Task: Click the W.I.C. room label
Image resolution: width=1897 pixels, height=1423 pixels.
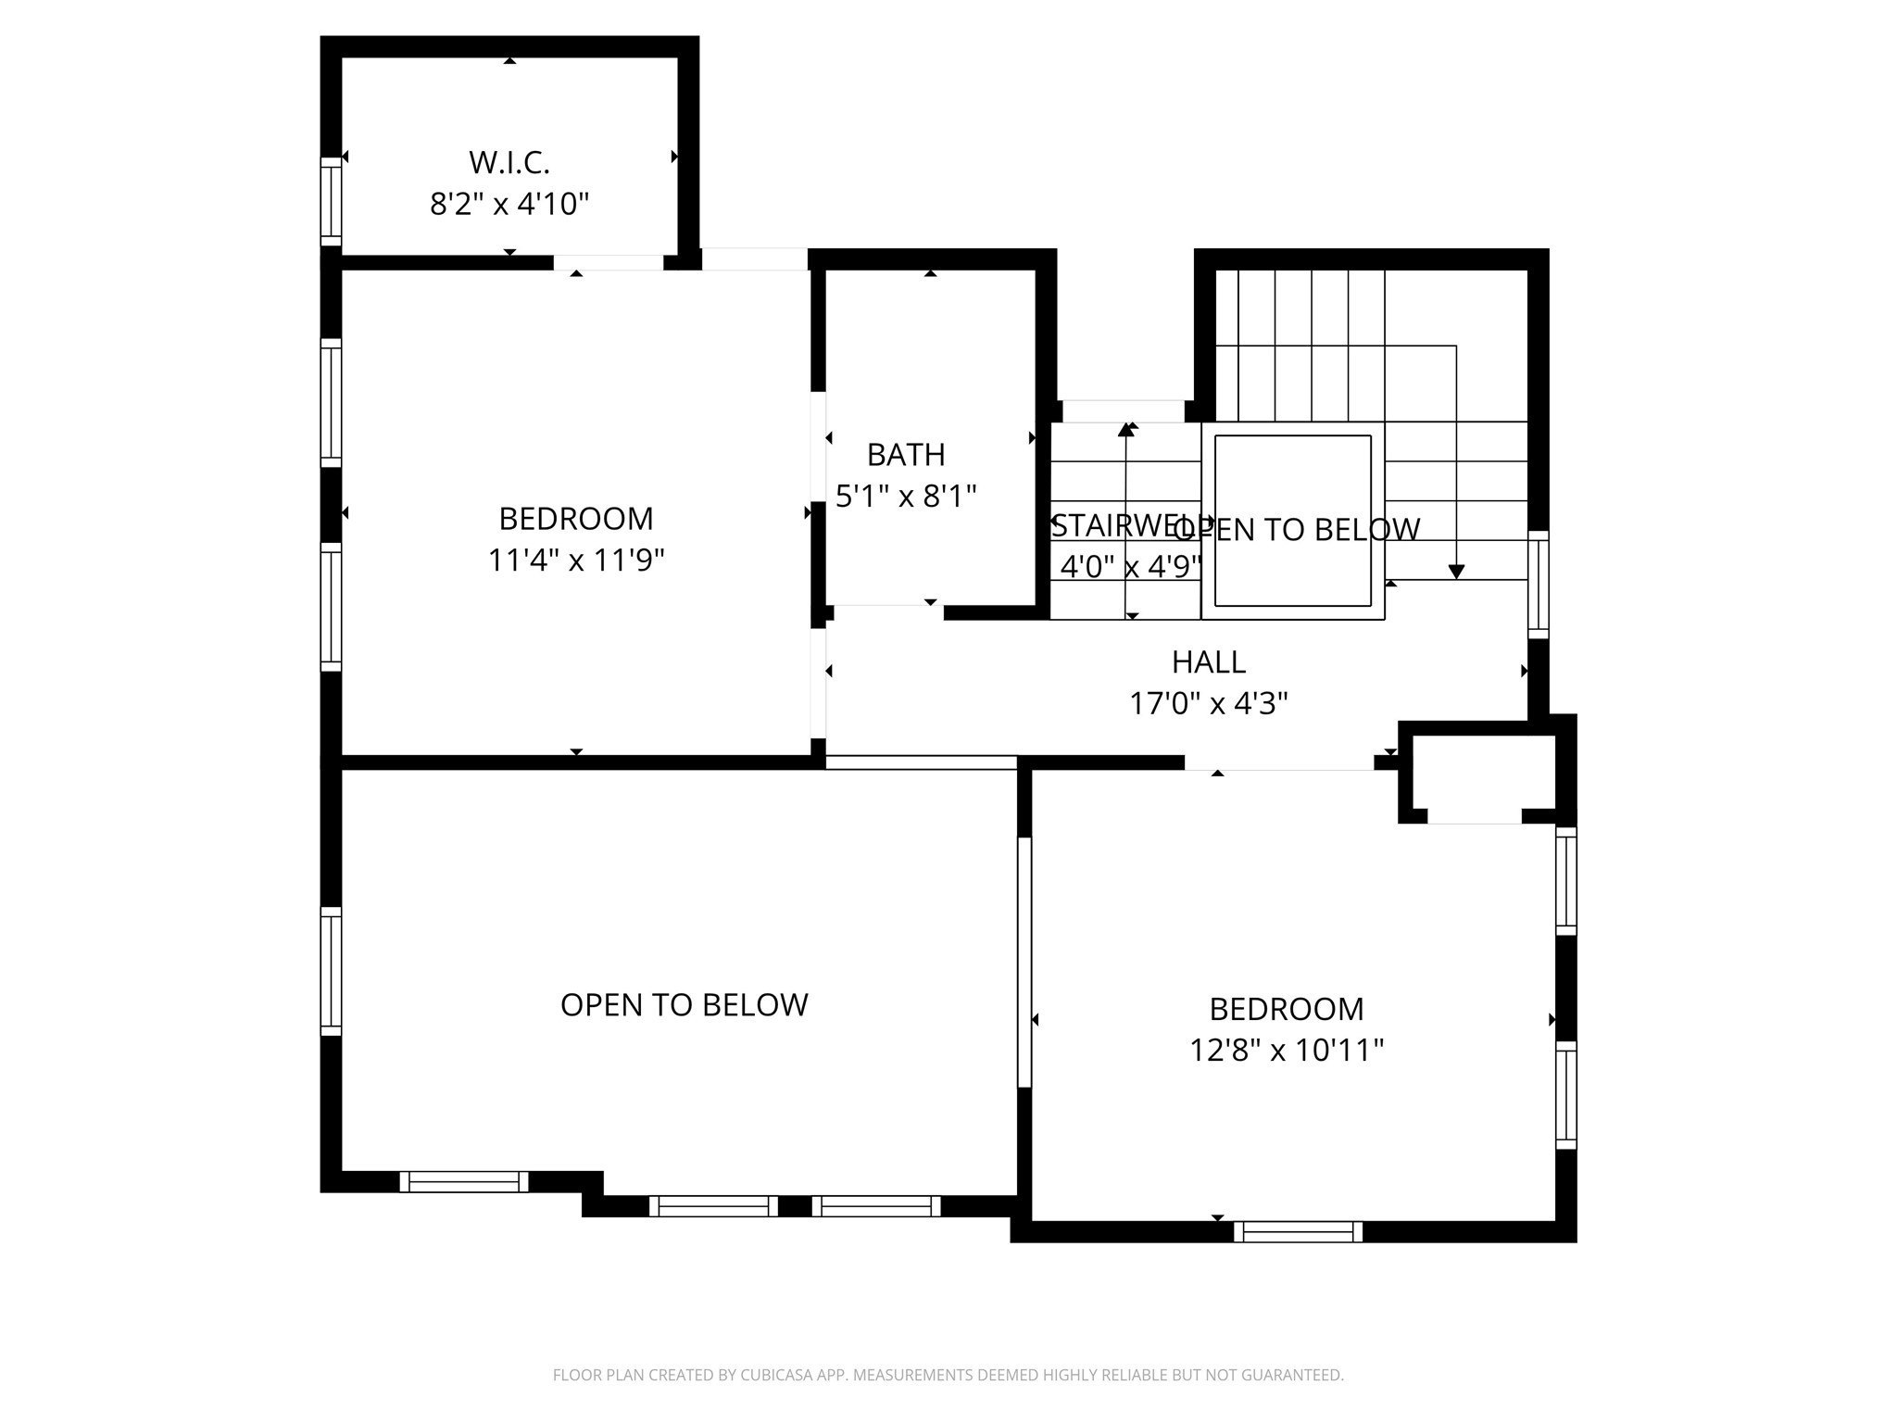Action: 509,162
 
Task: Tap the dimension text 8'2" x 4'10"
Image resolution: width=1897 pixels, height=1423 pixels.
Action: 509,203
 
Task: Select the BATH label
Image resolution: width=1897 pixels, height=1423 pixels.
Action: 906,455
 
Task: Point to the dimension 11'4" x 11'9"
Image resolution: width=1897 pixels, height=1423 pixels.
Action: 576,560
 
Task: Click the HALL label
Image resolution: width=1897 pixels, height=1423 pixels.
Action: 1208,661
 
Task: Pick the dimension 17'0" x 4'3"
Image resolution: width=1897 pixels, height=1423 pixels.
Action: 1208,704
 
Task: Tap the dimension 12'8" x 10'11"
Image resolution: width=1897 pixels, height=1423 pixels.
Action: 1287,1050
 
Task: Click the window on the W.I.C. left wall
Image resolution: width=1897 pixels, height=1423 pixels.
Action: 331,201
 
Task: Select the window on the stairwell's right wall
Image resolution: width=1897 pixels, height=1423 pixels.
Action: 1538,584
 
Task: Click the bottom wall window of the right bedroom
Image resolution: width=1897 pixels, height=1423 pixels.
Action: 1298,1231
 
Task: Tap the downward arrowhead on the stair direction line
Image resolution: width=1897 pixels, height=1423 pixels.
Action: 1456,572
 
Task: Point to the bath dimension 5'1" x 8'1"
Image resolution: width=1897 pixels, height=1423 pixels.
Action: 906,497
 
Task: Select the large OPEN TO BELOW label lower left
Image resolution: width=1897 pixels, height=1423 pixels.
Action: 684,1005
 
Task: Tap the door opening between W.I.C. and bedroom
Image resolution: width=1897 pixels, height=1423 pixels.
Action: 609,262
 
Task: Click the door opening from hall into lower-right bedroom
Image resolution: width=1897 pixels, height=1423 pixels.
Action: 1278,762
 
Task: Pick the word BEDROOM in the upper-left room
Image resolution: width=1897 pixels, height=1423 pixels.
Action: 576,518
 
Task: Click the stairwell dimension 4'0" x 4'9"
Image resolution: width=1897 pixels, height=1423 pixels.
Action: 1129,566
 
